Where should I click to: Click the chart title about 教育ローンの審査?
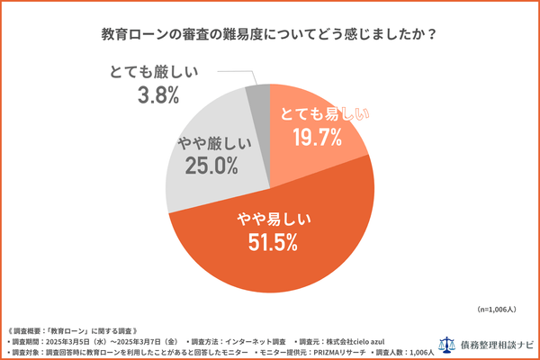tap(269, 35)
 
